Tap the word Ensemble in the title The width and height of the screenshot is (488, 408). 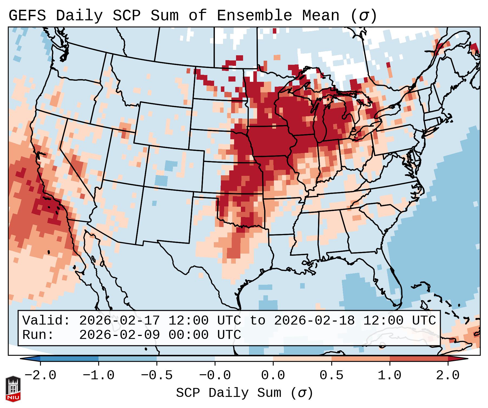tap(254, 15)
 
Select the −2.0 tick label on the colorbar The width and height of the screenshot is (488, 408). tap(40, 375)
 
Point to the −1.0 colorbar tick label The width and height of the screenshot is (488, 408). tap(99, 375)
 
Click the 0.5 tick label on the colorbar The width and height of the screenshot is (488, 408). tap(331, 375)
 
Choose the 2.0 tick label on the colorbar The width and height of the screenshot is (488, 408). tap(448, 375)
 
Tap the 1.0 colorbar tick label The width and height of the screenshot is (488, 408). tap(389, 375)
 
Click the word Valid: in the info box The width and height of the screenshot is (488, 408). tap(46, 320)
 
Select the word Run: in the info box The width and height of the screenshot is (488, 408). tap(38, 335)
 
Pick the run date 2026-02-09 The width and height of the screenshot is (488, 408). tap(119, 335)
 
